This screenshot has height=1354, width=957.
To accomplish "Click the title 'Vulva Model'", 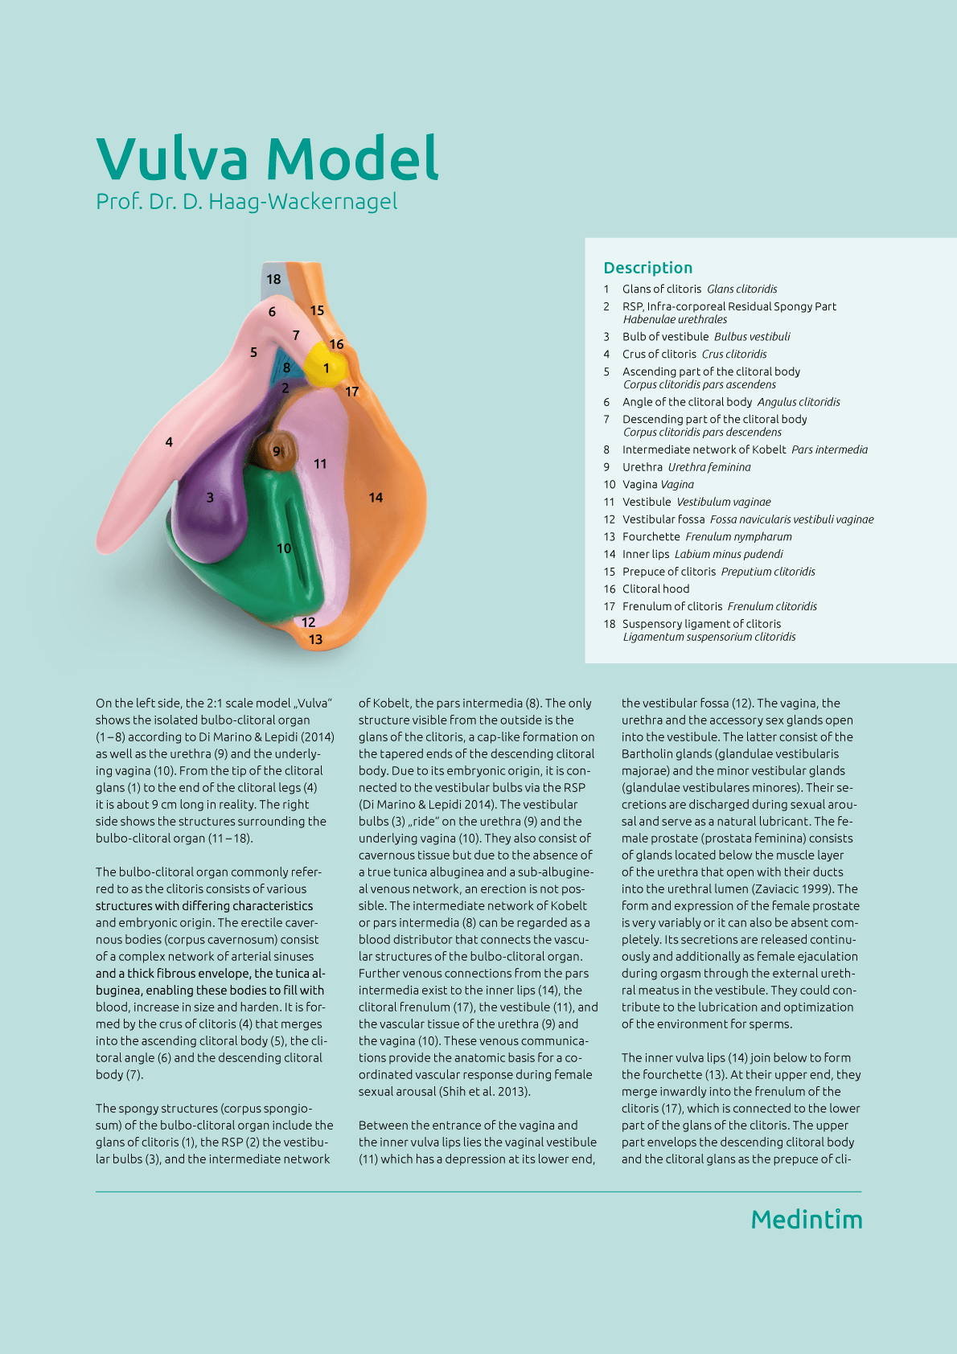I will point(267,158).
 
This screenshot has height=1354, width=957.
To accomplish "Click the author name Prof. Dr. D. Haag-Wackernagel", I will point(246,201).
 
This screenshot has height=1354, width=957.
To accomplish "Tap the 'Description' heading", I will point(647,268).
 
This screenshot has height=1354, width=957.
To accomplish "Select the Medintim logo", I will point(806,1220).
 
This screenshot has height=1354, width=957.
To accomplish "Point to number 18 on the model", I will point(273,279).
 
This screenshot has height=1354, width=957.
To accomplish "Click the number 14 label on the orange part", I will point(376,498).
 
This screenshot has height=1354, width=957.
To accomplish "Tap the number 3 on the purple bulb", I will point(210,498).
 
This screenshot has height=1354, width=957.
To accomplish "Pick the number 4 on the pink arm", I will point(169,441).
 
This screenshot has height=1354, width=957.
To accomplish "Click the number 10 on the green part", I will point(284,548).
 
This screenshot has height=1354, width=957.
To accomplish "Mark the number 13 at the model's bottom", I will point(315,639).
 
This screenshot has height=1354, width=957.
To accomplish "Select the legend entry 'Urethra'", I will point(642,467).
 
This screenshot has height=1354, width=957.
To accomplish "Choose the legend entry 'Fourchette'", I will point(651,537).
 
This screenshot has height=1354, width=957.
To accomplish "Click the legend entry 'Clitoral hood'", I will point(655,589).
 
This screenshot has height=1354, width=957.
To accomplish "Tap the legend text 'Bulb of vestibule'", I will point(665,337).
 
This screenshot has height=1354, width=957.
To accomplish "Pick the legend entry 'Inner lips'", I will point(645,554).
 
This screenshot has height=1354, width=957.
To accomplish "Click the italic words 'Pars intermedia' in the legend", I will point(829,449).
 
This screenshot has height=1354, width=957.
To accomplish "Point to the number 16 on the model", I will point(336,344).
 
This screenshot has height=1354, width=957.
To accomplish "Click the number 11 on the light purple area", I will point(320,464).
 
